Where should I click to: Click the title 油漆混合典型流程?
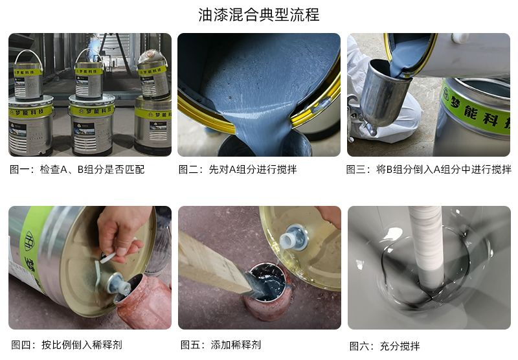(258, 15)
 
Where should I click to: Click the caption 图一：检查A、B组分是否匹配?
(77, 170)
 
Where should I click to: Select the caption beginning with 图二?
(238, 170)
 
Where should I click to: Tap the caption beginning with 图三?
(429, 170)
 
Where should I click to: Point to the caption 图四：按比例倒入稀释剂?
(67, 345)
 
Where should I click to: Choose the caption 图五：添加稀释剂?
(221, 345)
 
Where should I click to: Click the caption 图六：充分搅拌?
(385, 346)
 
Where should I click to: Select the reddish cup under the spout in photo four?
(144, 302)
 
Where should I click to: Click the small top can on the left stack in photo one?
(28, 76)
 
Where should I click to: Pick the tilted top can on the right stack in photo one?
(153, 75)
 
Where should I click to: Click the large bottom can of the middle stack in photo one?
(91, 126)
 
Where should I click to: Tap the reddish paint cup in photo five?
(267, 291)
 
